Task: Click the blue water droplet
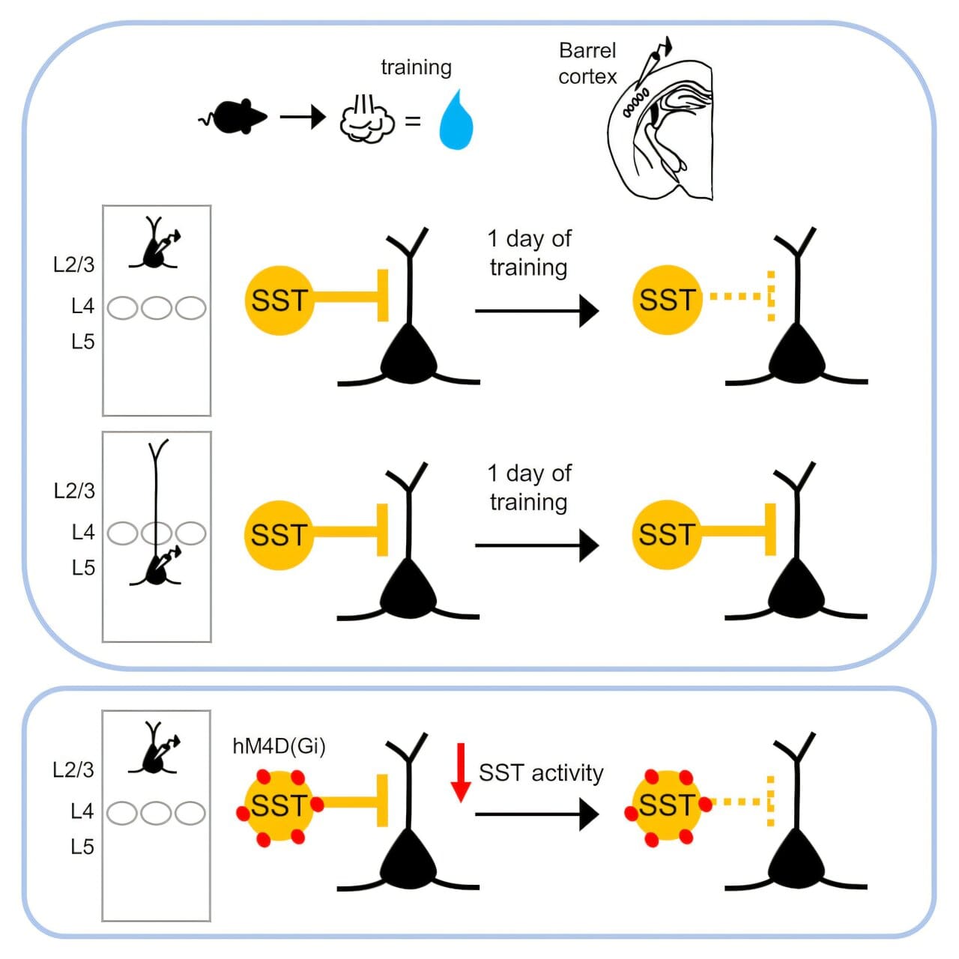tap(456, 122)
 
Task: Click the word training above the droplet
tap(416, 67)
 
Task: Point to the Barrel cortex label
tap(587, 64)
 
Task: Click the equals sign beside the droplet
tap(413, 121)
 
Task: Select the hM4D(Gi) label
tap(279, 746)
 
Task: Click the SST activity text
tap(541, 772)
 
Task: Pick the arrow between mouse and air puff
tap(303, 117)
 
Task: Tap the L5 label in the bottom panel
tap(82, 847)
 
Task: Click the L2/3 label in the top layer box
tap(74, 264)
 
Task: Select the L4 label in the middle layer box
tap(83, 532)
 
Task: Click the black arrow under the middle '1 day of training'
tap(536, 545)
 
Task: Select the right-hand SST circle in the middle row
tap(666, 535)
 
